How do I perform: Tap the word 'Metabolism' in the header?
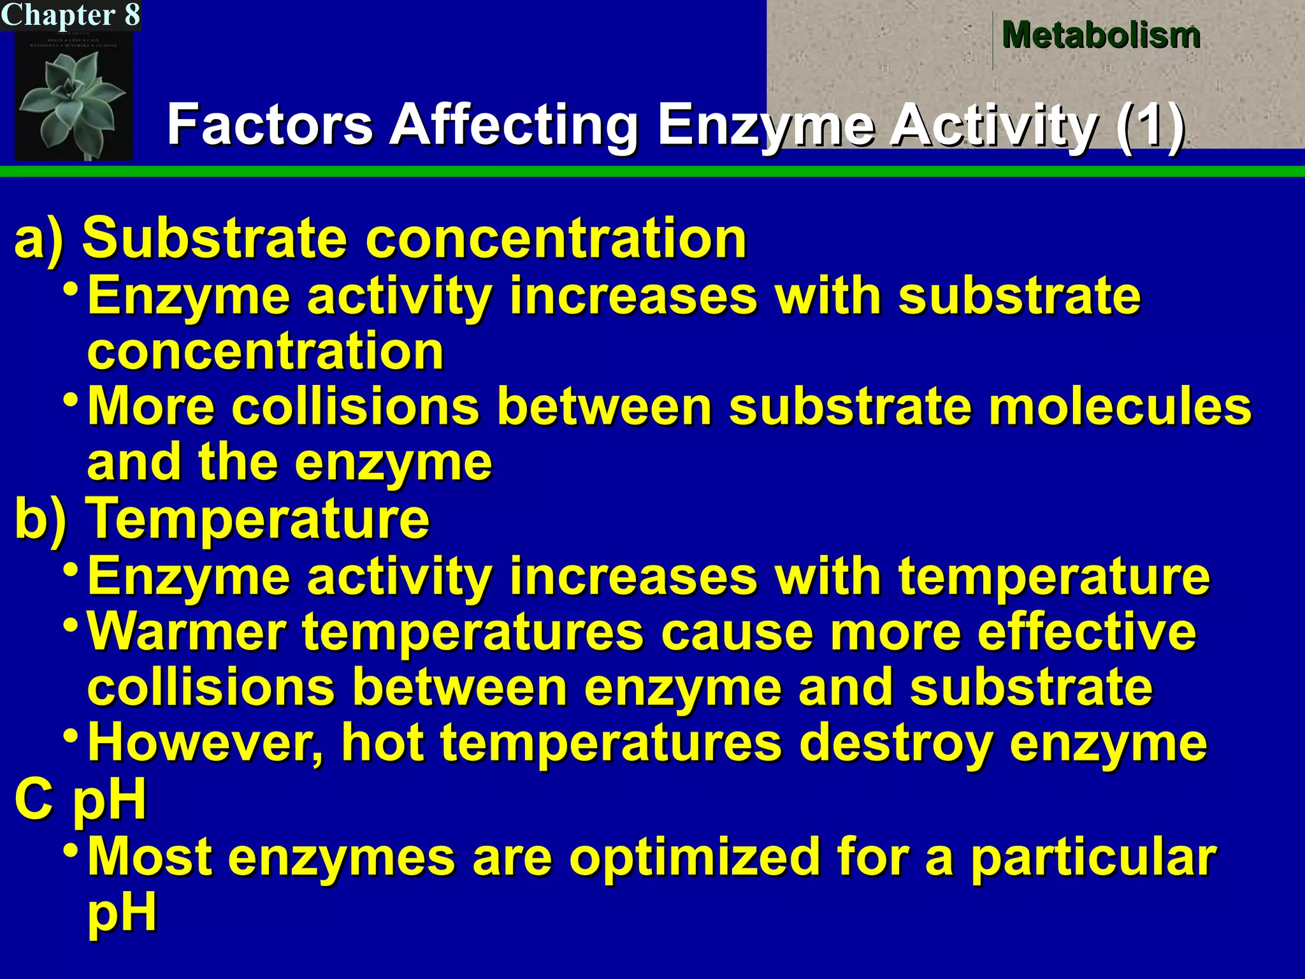coord(1101,36)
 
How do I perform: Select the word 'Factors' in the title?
coord(270,125)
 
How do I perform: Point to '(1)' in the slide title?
coord(1150,125)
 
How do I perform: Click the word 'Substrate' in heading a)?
coord(215,238)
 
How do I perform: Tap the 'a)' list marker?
coord(40,238)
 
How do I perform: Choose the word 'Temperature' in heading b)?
coord(258,519)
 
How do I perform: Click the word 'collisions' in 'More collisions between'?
coord(355,407)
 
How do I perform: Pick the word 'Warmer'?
coord(186,632)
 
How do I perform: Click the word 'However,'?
coord(205,743)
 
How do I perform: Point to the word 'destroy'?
coord(895,743)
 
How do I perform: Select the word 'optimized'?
coord(693,857)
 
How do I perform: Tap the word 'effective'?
coord(1086,632)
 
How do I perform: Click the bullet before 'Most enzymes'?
coord(72,850)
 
